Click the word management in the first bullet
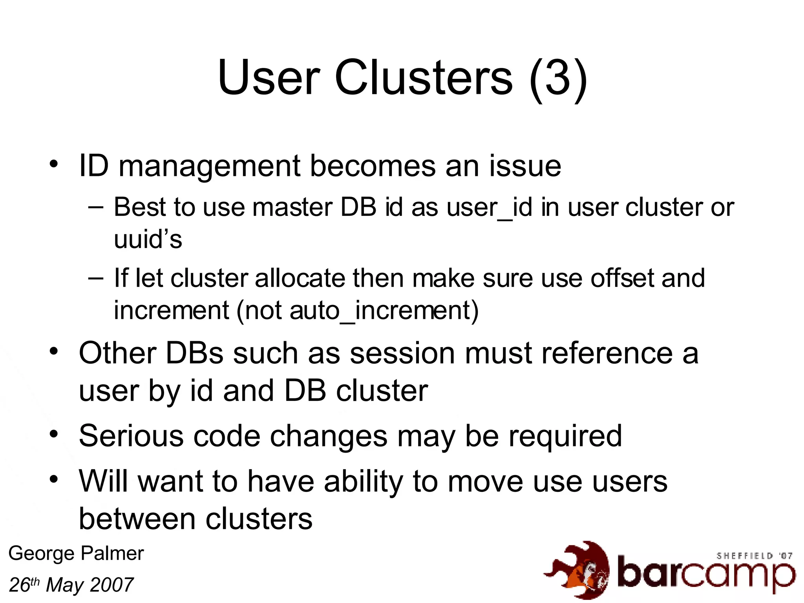click(x=209, y=166)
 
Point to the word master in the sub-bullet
click(x=292, y=207)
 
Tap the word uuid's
click(x=148, y=239)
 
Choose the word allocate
click(x=300, y=278)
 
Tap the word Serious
click(x=131, y=436)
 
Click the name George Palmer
click(x=76, y=554)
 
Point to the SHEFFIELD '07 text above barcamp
click(x=754, y=556)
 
